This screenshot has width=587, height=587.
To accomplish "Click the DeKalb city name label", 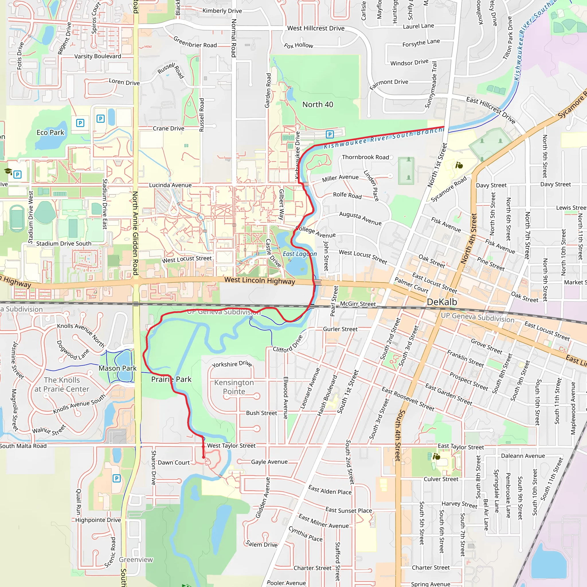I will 442,302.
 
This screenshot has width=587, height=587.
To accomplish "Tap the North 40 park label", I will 318,105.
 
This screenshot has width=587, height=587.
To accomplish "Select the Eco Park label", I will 50,132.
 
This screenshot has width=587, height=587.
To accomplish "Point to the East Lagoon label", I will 300,254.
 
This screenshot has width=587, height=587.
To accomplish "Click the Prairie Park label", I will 171,379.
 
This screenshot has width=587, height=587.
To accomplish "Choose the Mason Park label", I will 118,368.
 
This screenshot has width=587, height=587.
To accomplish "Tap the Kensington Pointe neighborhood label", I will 234,387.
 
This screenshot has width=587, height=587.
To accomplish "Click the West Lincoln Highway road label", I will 259,280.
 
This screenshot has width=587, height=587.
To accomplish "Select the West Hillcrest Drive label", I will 316,28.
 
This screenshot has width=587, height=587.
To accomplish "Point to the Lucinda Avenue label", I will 170,185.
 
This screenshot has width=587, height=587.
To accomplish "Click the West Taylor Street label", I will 231,445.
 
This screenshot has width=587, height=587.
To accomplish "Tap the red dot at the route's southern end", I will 204,457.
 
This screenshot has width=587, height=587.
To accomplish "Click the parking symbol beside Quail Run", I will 117,479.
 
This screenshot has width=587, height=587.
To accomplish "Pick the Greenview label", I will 136,560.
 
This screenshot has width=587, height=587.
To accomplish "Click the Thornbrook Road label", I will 365,157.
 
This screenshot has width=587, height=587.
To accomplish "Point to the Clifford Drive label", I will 287,343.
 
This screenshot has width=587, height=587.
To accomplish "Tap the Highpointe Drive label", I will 98,520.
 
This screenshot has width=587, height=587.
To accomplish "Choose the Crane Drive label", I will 168,128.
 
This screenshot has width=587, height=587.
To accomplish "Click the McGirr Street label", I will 358,304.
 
